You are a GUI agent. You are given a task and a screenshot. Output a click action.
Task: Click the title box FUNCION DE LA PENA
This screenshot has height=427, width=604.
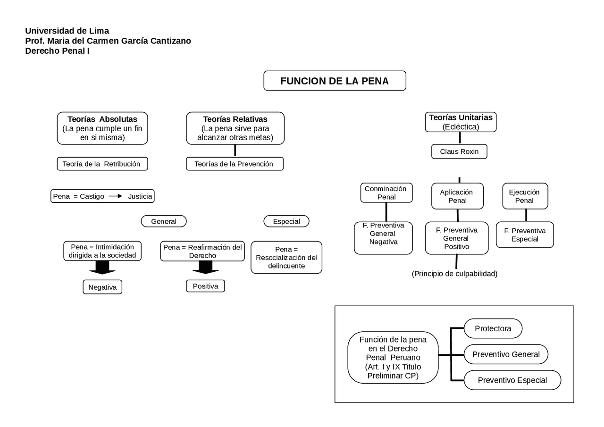click(335, 81)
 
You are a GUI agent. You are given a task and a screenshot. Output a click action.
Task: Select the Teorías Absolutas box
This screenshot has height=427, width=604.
click(102, 128)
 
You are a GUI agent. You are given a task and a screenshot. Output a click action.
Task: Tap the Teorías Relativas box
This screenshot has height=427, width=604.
click(235, 128)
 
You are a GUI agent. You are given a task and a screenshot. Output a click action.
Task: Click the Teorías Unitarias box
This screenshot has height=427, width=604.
click(460, 122)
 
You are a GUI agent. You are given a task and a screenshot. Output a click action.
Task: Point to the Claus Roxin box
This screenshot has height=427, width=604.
click(459, 151)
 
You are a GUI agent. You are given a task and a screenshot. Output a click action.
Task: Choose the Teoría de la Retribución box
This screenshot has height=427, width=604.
click(102, 164)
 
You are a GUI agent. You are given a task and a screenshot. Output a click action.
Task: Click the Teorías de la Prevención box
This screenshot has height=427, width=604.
click(235, 164)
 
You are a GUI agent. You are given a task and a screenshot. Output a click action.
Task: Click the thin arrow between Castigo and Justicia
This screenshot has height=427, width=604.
click(116, 196)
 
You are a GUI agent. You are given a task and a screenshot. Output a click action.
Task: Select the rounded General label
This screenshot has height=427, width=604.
click(164, 221)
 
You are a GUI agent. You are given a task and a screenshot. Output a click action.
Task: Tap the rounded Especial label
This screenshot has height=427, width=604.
click(286, 221)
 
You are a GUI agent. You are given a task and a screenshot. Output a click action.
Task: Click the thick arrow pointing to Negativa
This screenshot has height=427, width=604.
click(102, 268)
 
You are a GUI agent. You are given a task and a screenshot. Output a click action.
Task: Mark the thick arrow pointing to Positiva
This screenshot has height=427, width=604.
click(205, 267)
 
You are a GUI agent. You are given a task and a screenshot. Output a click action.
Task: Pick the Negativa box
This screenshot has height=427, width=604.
click(102, 287)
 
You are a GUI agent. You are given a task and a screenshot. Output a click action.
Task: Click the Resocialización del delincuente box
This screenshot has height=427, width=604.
click(286, 258)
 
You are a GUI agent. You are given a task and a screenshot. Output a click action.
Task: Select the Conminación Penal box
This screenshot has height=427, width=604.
click(386, 193)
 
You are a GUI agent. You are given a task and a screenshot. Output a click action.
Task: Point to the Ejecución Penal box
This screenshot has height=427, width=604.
click(525, 196)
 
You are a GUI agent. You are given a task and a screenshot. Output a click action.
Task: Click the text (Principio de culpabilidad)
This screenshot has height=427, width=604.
click(454, 274)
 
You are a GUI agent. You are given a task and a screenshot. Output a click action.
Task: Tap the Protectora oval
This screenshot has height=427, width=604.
click(493, 328)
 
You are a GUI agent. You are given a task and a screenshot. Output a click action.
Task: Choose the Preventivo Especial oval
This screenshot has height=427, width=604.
click(512, 380)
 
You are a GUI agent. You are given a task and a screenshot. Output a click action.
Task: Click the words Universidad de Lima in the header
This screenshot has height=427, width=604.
click(67, 31)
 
